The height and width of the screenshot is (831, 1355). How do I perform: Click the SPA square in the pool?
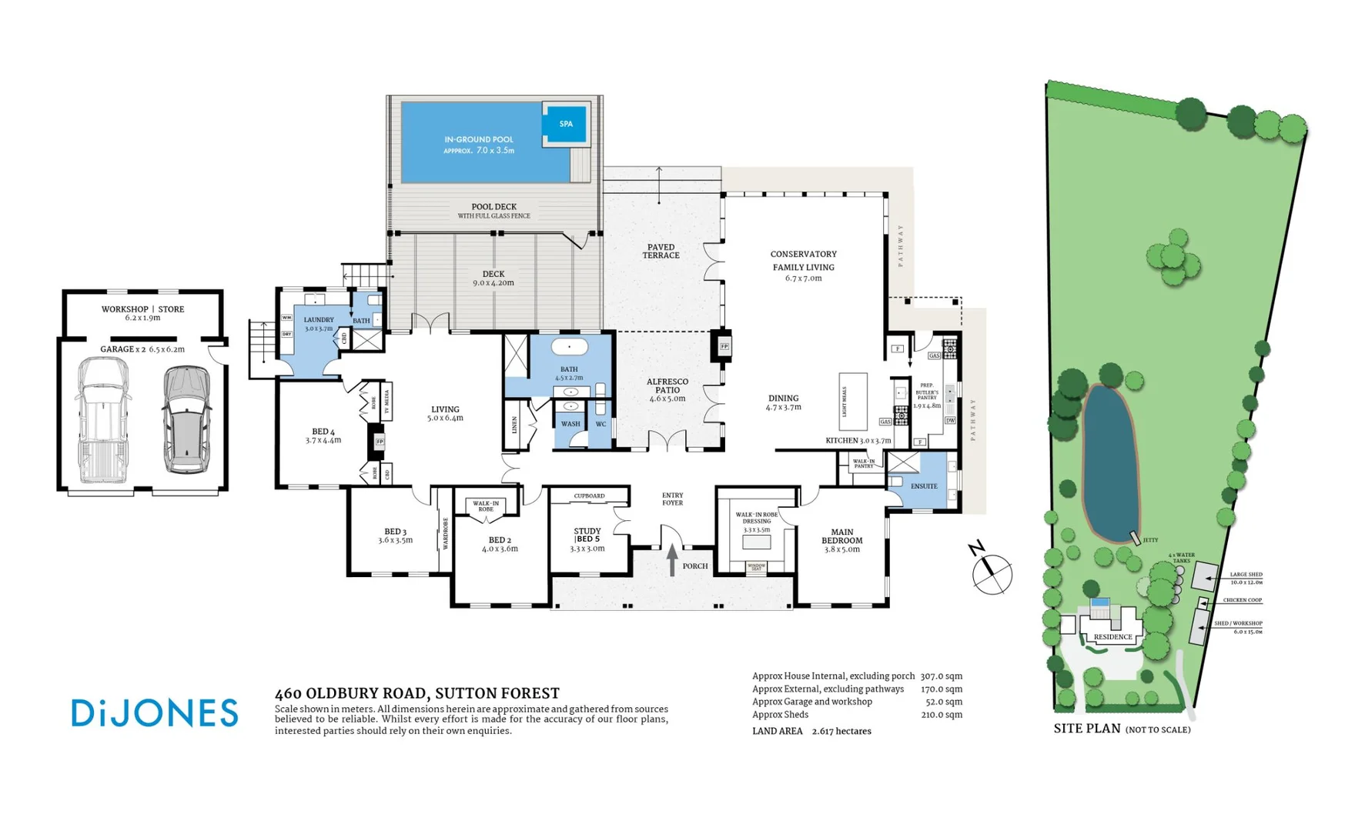point(566,124)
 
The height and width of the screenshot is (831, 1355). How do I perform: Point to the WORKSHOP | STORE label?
point(142,309)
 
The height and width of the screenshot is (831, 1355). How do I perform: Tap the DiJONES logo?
point(155,713)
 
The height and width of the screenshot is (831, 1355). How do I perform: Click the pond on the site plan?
point(1110,463)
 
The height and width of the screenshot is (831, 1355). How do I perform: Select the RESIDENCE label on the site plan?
point(1112,637)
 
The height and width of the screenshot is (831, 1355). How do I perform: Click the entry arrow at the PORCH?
point(672,559)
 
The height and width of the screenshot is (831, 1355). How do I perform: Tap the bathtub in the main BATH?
point(569,348)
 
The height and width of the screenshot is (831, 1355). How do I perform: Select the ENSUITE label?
point(924,486)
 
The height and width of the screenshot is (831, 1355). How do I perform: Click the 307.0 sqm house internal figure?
point(941,676)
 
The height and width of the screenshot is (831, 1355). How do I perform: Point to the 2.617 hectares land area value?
point(841,732)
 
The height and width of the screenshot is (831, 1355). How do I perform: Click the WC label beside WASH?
point(601,424)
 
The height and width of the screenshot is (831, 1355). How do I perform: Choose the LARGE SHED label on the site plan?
point(1246,575)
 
